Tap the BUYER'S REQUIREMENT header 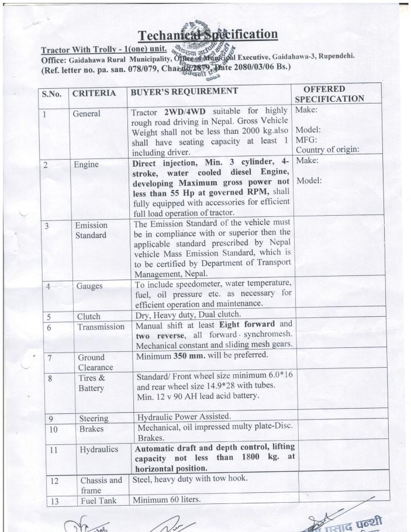coord(184,91)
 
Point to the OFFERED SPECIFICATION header coord(329,94)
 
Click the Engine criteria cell coord(85,165)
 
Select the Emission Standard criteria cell coord(91,230)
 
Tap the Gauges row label coord(89,286)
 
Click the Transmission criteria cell coord(101,327)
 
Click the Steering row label coord(94,419)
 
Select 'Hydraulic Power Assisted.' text coord(183,417)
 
